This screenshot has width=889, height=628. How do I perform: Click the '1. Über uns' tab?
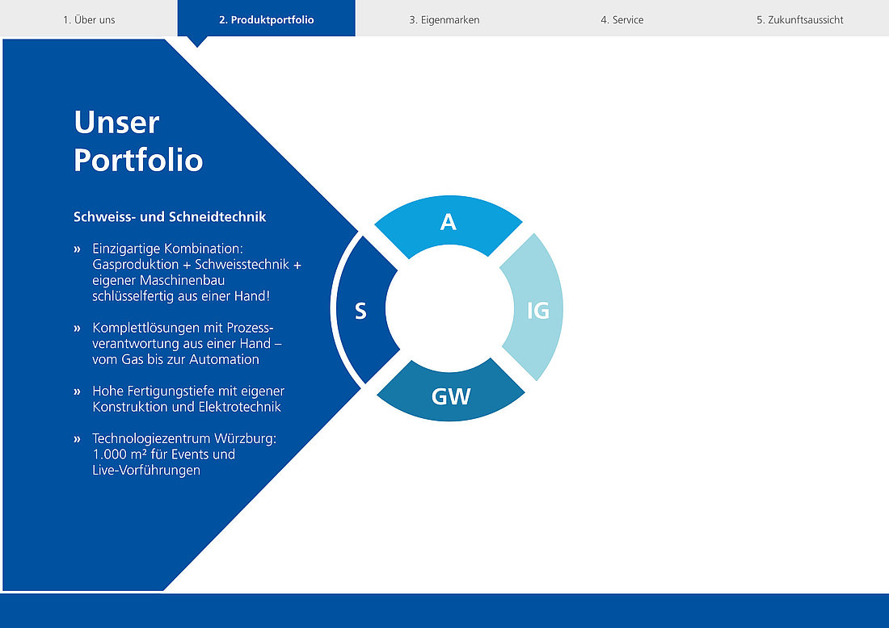89,19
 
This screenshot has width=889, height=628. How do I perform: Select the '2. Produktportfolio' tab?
267,19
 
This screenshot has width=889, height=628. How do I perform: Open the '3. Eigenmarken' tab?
444,19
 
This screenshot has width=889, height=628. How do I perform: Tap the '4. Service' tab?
622,19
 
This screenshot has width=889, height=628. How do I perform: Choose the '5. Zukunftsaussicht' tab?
800,19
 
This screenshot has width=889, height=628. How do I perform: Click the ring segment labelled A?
449,223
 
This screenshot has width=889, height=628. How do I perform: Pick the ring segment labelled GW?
451,396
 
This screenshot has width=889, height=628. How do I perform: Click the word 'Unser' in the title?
117,123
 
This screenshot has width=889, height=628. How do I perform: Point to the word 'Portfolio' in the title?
138,160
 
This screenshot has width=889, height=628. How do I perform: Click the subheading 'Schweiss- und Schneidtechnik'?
170,217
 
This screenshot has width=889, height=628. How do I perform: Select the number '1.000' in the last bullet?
109,454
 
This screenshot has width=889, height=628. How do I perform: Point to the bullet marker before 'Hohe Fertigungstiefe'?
77,391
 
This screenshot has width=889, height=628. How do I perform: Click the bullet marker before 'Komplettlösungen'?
77,328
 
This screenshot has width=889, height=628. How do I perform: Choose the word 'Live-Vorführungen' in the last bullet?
146,471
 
